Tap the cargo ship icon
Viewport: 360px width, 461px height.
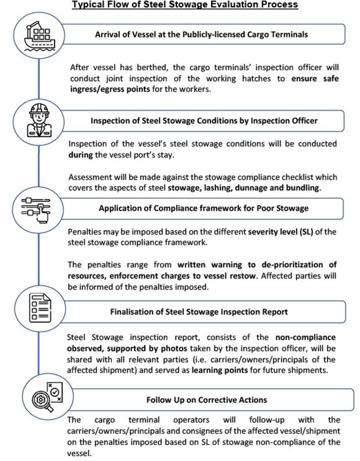coord(39,36)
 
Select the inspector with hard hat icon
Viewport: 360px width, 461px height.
coord(39,120)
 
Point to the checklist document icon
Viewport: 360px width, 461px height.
coord(39,309)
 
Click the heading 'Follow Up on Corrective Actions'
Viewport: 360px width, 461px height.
coord(207,399)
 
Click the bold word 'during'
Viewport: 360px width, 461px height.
coord(81,154)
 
